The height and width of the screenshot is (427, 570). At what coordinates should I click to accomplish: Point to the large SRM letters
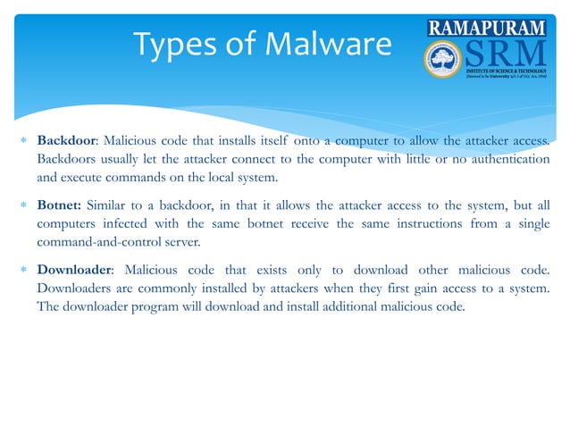(x=506, y=56)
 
